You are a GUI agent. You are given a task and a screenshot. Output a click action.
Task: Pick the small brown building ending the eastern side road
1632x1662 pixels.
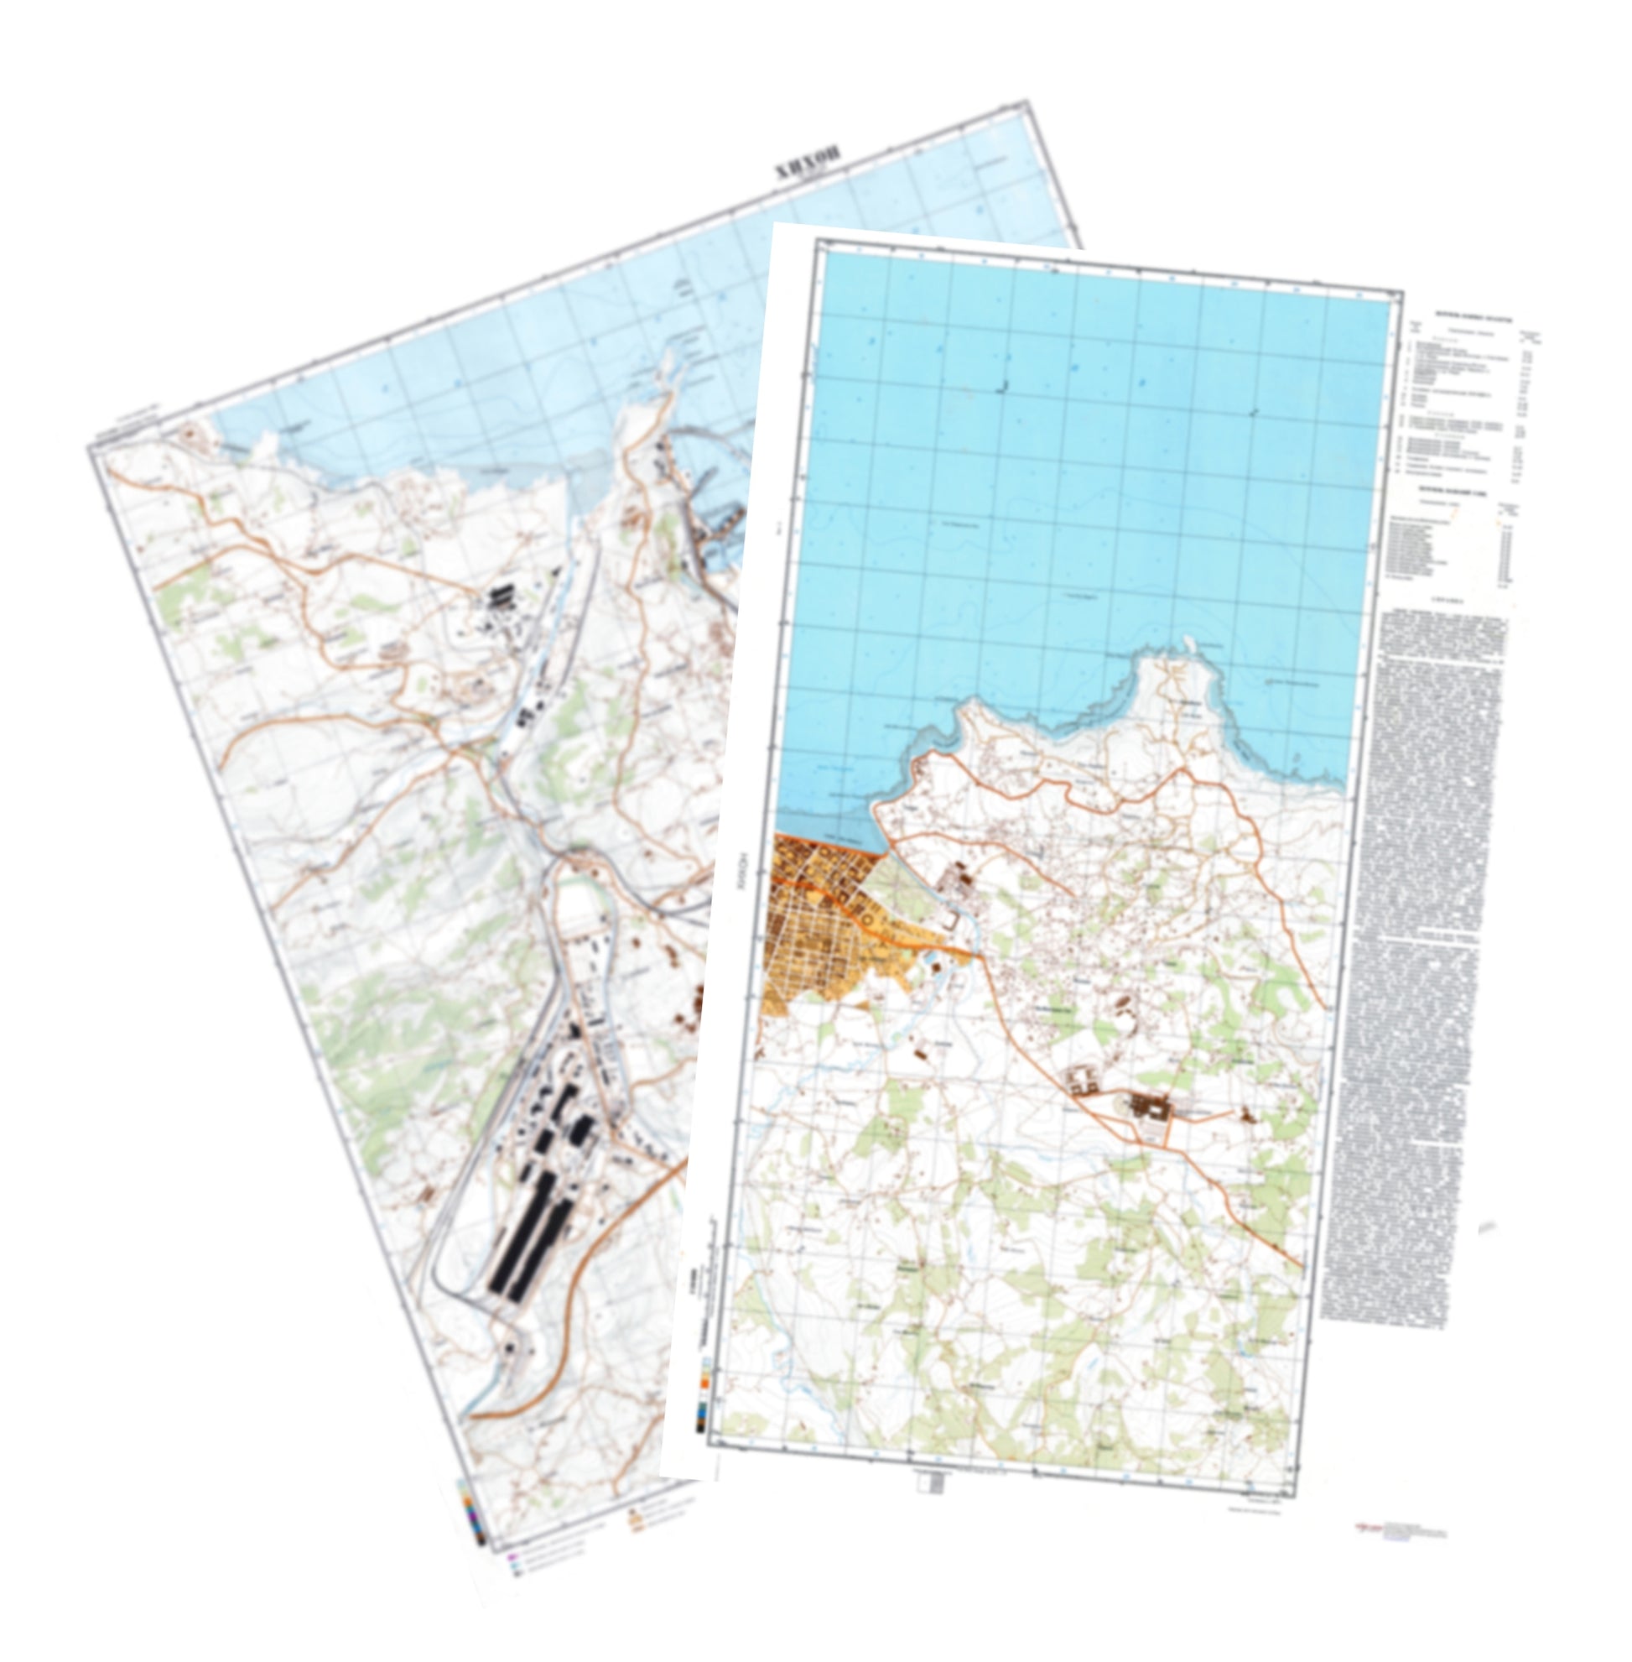(x=1244, y=1115)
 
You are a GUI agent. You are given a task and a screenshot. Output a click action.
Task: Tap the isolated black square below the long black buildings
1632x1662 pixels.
(x=509, y=1349)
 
